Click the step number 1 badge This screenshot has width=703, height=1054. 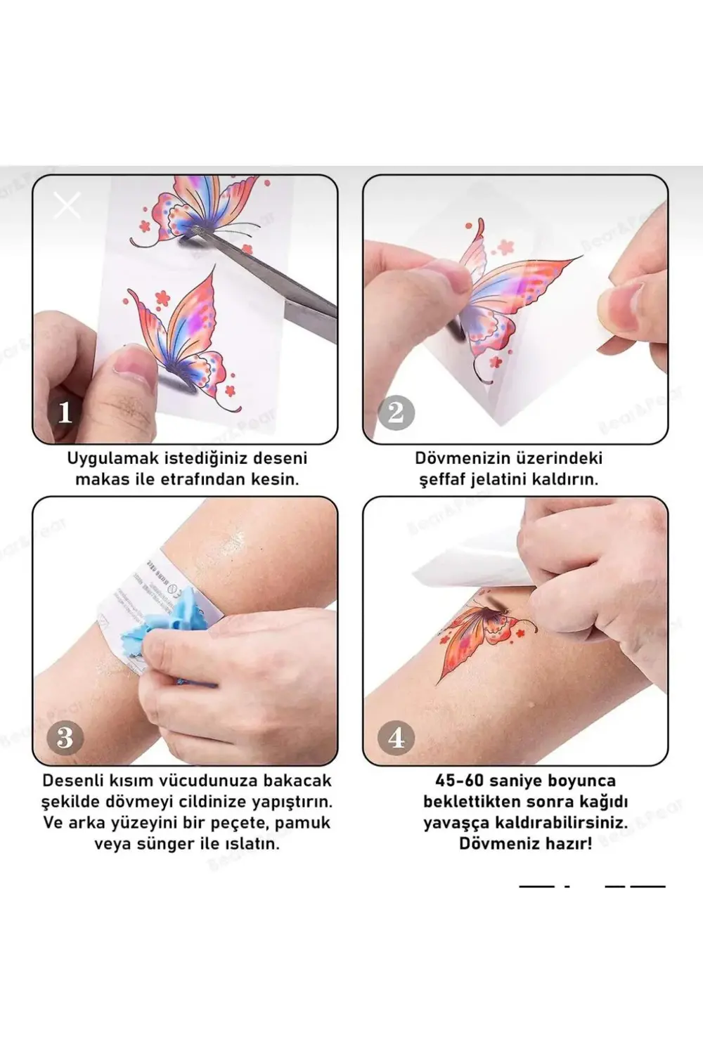(65, 412)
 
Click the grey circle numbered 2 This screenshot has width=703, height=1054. (396, 412)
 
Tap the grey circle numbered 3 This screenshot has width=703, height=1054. (65, 737)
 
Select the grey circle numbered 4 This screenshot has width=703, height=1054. (396, 737)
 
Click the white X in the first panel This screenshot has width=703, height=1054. (67, 205)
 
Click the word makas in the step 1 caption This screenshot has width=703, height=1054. (100, 479)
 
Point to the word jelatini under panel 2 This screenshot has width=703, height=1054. (505, 479)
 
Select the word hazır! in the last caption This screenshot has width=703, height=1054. (567, 843)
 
